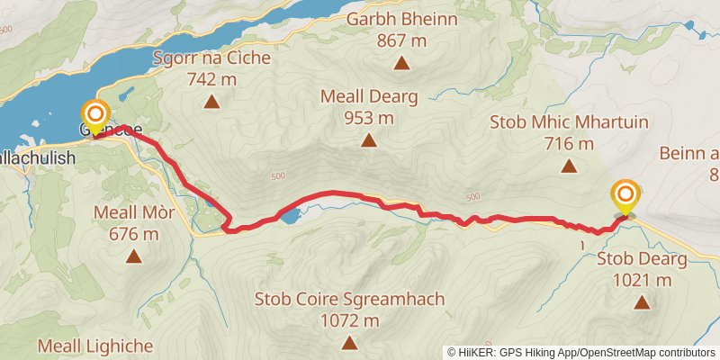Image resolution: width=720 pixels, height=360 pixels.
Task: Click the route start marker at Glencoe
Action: coord(95,116)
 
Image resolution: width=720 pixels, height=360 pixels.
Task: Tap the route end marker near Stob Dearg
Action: coord(625,194)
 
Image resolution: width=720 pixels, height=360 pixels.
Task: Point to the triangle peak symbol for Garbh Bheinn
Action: coord(401,63)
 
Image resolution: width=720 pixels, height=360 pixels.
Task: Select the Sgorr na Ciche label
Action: coord(211,59)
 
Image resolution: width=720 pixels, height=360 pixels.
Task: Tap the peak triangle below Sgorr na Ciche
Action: coord(211,102)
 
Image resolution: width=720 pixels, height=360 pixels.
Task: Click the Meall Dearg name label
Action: coord(369,97)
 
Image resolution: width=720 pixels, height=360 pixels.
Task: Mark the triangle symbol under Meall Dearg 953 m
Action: coord(369,140)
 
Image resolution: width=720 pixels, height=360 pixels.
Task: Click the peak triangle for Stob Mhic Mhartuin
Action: coord(569,166)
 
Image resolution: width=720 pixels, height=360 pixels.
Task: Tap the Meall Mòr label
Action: coord(134,213)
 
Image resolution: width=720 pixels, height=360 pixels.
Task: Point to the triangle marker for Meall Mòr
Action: coord(134,256)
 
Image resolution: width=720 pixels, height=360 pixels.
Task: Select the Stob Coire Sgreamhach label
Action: coord(349,299)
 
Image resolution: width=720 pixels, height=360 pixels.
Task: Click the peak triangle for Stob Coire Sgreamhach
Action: coord(349,342)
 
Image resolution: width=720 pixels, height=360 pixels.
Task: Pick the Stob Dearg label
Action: coord(642,260)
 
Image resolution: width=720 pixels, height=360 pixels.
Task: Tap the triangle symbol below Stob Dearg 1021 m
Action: coord(642,303)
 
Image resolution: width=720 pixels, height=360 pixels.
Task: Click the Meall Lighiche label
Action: coord(95,346)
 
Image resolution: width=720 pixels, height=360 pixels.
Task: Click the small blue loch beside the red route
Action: coord(289,216)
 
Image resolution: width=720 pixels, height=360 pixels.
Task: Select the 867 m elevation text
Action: coord(401,40)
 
